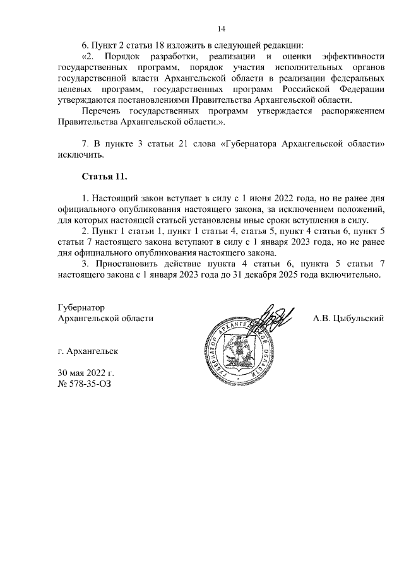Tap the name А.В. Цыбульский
pyautogui.click(x=348, y=319)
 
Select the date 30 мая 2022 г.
pyautogui.click(x=85, y=372)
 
